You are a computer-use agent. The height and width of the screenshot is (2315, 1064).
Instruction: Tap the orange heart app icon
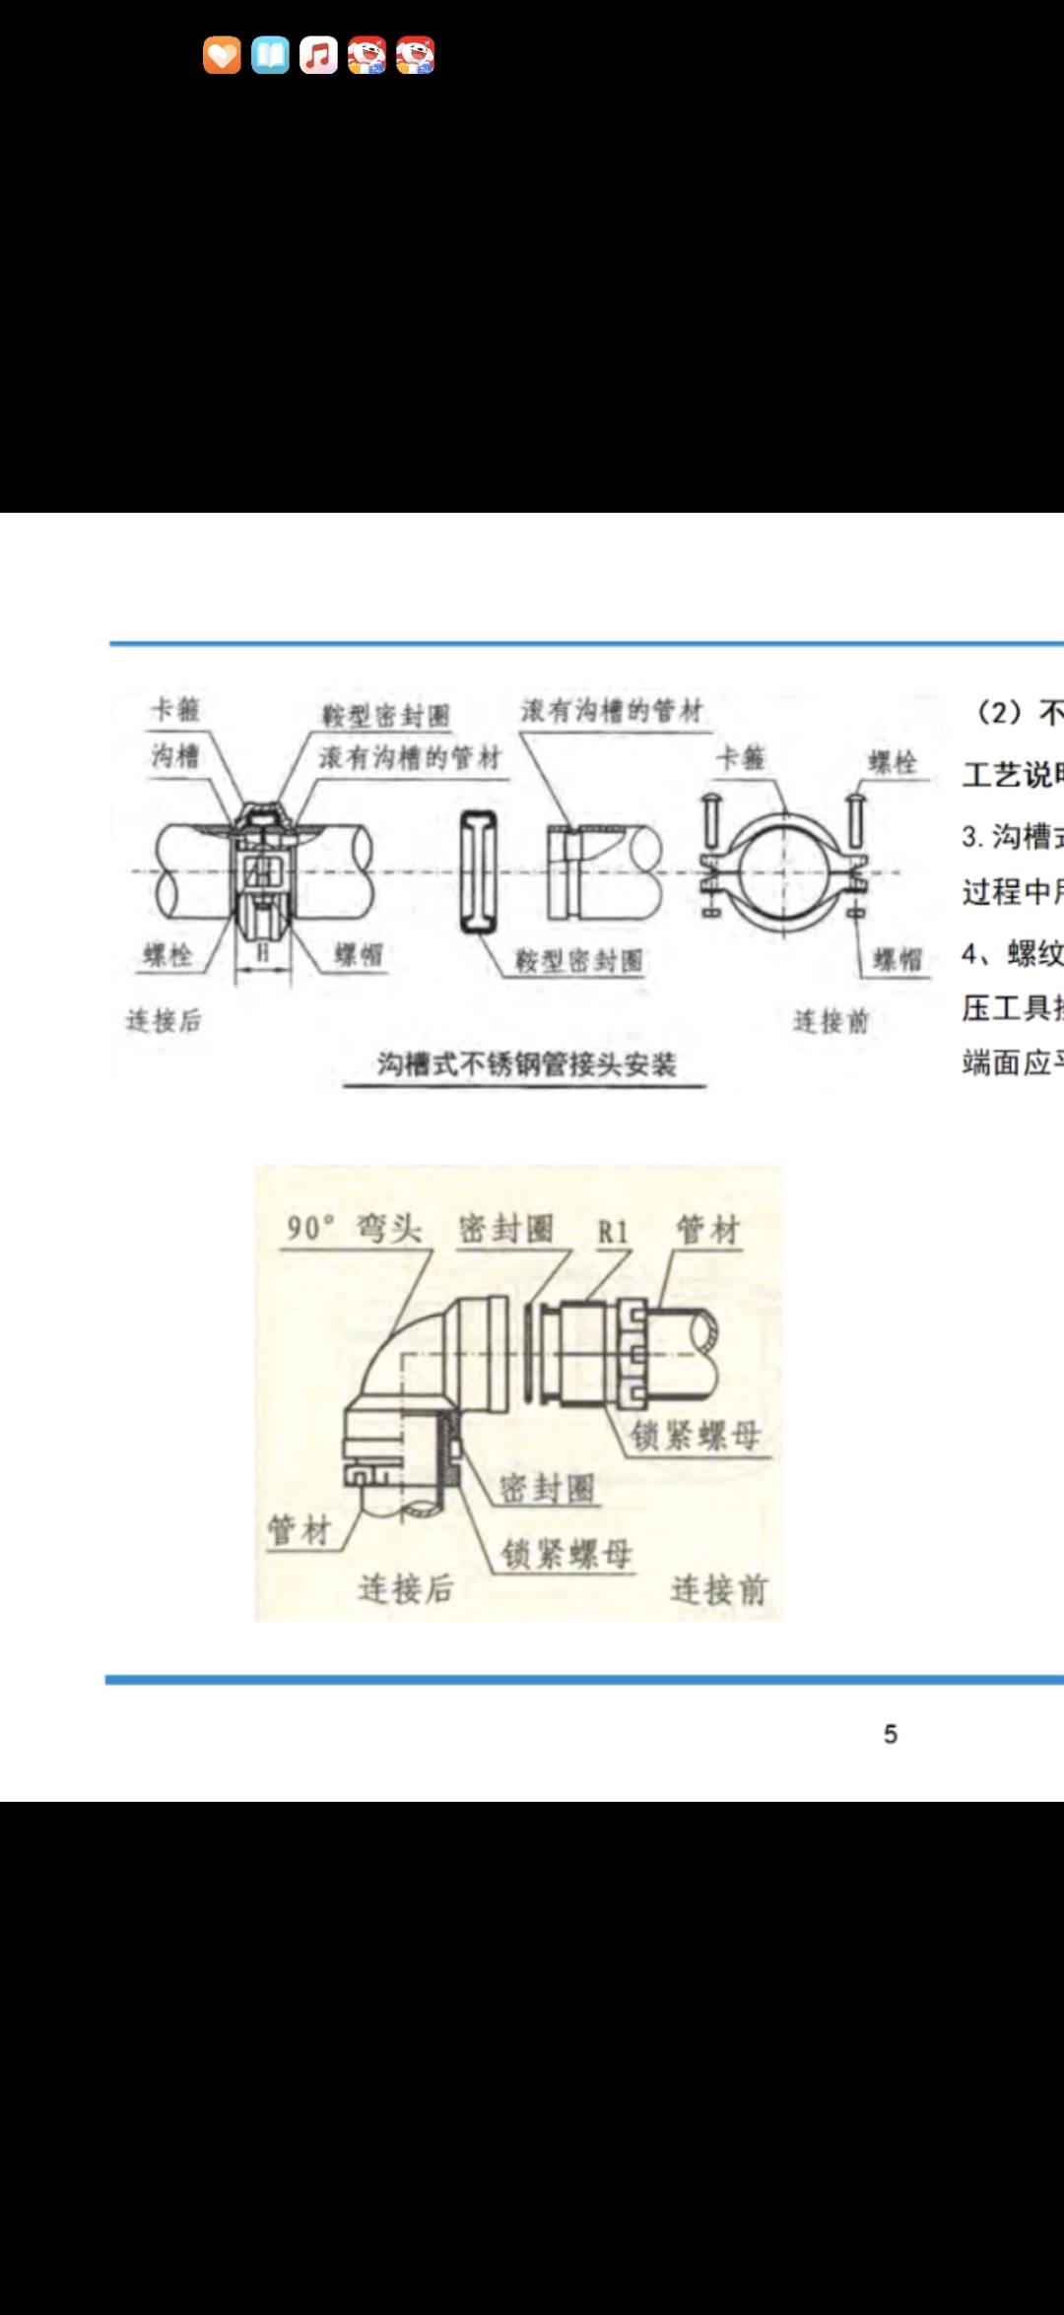point(222,55)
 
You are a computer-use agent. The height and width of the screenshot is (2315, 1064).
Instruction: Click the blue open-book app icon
point(270,55)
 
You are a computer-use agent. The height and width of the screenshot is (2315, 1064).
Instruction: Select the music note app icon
point(318,55)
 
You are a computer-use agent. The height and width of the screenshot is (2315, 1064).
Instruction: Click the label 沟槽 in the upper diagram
point(175,755)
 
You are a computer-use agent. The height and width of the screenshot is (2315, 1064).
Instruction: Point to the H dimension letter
point(263,953)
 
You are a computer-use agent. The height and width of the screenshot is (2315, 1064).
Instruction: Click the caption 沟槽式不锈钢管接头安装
point(526,1064)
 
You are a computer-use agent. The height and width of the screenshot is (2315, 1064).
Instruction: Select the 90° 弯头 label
point(354,1228)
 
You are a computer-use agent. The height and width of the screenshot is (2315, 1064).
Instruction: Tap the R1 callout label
point(612,1232)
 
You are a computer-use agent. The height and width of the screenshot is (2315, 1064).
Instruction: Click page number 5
point(890,1734)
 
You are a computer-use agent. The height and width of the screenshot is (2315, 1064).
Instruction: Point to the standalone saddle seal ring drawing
point(479,872)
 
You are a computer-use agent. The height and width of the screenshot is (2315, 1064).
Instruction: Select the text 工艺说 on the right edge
point(1011,774)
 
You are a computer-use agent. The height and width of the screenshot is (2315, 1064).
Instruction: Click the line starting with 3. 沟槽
point(1011,836)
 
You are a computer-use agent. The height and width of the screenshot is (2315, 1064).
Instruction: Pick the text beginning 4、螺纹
point(1011,953)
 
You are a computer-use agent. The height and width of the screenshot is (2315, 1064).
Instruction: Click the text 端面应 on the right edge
point(1011,1062)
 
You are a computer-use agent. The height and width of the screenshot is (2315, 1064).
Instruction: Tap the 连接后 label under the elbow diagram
point(405,1588)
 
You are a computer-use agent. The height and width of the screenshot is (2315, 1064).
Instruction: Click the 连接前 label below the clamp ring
point(831,1021)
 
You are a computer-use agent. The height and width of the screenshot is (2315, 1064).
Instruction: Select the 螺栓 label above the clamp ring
point(893,762)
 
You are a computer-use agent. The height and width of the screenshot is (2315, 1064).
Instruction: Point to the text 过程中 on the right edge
point(1011,892)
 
